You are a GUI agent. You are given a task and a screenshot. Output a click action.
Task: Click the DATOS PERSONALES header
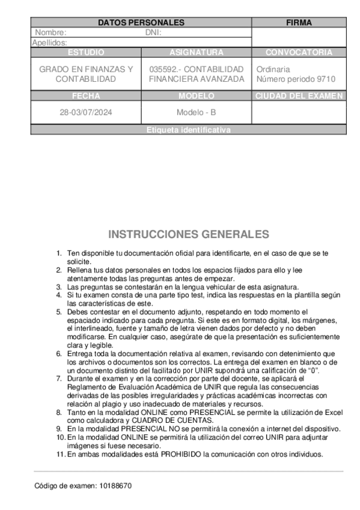pyautogui.click(x=141, y=23)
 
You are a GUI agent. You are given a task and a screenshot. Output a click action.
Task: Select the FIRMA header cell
pyautogui.click(x=299, y=23)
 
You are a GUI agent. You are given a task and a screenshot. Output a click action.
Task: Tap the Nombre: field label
pyautogui.click(x=50, y=33)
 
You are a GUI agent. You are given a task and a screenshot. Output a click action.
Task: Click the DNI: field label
pyautogui.click(x=153, y=33)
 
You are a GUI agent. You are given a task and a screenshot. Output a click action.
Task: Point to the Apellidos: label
pyautogui.click(x=49, y=43)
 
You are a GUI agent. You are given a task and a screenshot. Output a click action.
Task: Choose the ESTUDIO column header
pyautogui.click(x=86, y=52)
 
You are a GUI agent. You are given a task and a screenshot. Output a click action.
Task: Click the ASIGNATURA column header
pyautogui.click(x=197, y=52)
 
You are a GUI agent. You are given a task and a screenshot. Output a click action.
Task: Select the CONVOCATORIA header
pyautogui.click(x=299, y=52)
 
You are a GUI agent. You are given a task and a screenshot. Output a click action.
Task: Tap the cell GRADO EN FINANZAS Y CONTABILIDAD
pyautogui.click(x=86, y=74)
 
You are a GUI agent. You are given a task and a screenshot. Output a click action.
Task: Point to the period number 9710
pyautogui.click(x=326, y=79)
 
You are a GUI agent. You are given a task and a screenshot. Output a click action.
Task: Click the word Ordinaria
pyautogui.click(x=273, y=69)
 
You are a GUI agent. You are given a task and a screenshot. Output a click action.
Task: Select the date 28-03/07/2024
pyautogui.click(x=86, y=112)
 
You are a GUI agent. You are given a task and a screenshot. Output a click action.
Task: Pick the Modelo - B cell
pyautogui.click(x=197, y=112)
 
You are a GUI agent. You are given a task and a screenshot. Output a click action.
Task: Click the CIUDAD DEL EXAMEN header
pyautogui.click(x=299, y=96)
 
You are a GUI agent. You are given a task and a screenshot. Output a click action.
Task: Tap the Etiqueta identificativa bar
pyautogui.click(x=188, y=130)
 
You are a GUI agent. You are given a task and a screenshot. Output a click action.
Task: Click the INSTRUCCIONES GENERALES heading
pyautogui.click(x=189, y=234)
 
